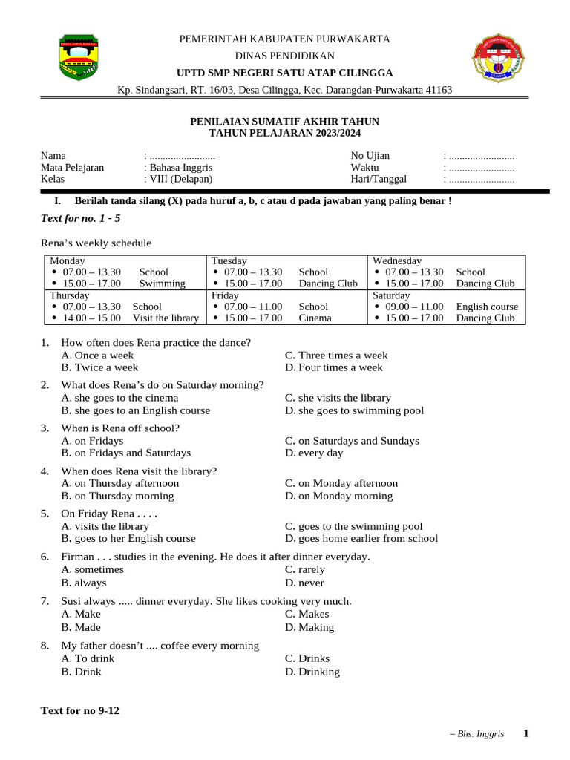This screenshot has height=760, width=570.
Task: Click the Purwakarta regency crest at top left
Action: [76, 57]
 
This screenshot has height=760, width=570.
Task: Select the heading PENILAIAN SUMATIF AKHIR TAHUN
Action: [285, 121]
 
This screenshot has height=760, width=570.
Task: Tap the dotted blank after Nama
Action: [182, 156]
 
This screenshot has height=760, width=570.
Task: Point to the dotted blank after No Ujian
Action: [481, 156]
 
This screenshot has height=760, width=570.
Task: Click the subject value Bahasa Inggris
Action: [180, 168]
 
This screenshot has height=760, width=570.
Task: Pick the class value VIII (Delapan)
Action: [180, 179]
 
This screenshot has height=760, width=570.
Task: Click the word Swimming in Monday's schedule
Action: [162, 284]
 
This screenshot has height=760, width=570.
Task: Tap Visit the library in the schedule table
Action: [166, 318]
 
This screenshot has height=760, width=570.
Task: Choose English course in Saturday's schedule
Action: [487, 307]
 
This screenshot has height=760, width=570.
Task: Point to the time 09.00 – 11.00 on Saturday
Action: [414, 307]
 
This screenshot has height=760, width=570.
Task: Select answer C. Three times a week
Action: [336, 356]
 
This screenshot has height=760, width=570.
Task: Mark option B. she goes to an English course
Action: [136, 410]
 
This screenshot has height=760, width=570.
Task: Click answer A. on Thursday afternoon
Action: [120, 483]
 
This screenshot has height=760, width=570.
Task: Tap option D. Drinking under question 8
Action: [312, 672]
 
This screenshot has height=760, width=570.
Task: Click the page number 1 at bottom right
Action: [526, 733]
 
